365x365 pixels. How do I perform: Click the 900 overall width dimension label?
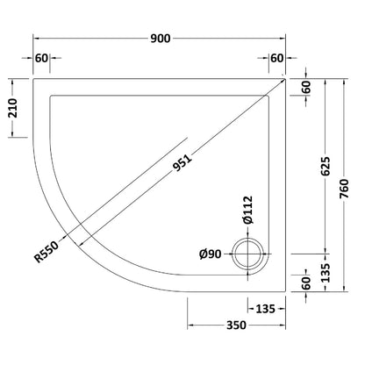161,39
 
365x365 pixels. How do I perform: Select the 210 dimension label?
14,108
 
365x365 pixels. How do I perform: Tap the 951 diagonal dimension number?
182,162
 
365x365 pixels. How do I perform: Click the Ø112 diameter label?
248,210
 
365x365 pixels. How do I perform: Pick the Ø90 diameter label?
211,254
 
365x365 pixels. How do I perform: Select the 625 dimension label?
326,166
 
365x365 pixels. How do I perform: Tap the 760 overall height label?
345,189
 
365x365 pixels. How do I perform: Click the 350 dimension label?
236,325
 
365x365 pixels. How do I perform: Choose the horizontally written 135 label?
266,309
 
